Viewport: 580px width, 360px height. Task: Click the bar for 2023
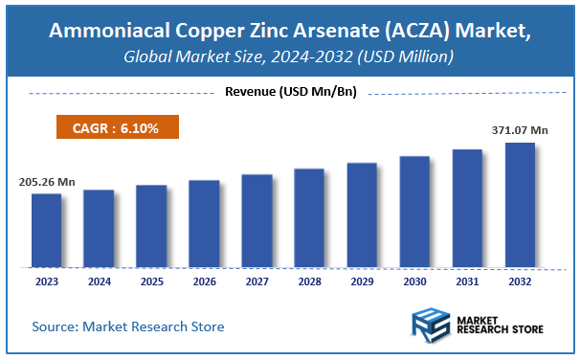(46, 230)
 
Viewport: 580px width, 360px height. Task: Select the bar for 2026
(204, 223)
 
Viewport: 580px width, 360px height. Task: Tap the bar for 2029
(362, 214)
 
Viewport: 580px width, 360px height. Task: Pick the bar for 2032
(520, 204)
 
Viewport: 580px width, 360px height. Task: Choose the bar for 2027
(257, 220)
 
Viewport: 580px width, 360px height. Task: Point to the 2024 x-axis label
(99, 282)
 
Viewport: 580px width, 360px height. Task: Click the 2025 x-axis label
(151, 282)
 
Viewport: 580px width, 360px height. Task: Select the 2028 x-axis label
(309, 282)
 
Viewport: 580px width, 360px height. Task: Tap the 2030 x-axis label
(414, 282)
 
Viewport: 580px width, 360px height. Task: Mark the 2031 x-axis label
(467, 282)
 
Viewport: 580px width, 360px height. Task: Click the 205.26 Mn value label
(46, 180)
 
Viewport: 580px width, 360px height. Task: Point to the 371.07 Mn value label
(518, 129)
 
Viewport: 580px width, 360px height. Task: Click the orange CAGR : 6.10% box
(112, 127)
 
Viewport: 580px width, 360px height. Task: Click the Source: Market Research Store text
(128, 326)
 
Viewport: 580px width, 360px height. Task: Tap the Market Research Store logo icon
(429, 326)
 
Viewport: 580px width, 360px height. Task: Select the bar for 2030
(414, 211)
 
